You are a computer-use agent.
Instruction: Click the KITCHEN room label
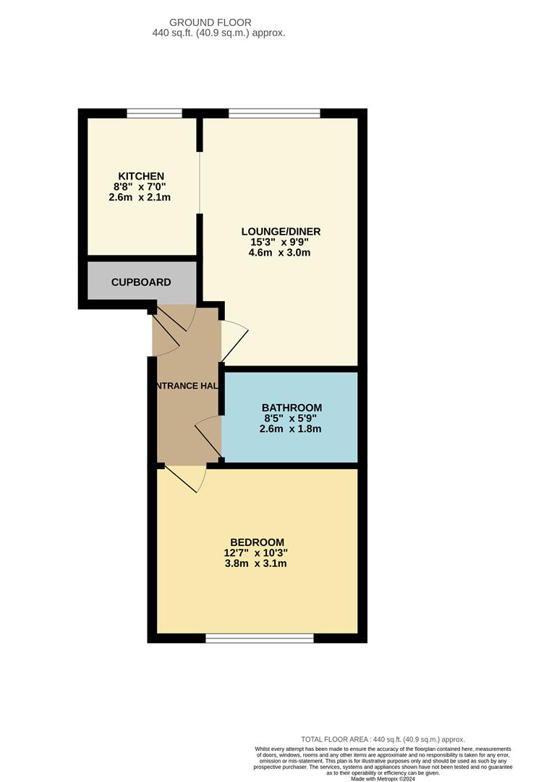coord(141,176)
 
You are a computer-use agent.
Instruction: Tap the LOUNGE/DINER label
coord(281,232)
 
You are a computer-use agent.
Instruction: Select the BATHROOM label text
coord(292,408)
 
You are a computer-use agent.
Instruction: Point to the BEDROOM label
coord(257,542)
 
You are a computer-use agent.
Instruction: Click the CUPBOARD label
coord(141,282)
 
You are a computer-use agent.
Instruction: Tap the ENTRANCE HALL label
coord(186,386)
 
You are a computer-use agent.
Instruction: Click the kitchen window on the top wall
coord(154,113)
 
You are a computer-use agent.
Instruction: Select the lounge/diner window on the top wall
coord(274,113)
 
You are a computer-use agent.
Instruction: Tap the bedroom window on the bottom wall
coord(259,638)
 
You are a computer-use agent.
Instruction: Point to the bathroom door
coord(208,437)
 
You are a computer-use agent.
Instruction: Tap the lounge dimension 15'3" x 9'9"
coord(281,243)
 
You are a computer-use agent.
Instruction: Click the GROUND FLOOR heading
coord(210,22)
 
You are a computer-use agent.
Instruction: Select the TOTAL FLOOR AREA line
coord(383,739)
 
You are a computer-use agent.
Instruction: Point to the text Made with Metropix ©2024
coord(383,778)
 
